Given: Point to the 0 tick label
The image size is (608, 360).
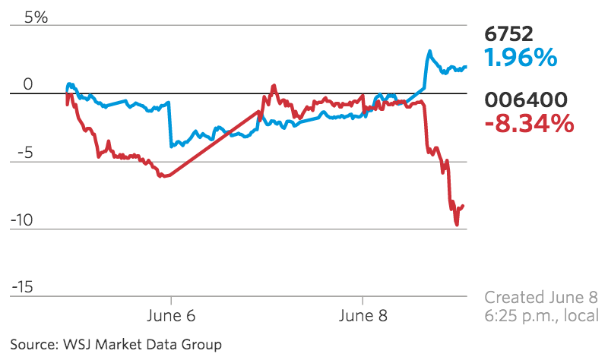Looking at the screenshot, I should coord(28,84).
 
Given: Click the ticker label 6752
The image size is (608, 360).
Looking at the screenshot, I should coord(508,33).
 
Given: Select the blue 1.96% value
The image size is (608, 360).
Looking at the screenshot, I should coord(521,58).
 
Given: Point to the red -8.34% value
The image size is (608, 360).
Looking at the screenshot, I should coord(528,124).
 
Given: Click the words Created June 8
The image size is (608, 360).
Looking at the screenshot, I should coord(541,297).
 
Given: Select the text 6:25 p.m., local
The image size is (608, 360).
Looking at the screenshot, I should coord(541,316).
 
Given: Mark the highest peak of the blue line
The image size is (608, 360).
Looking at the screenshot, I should coord(429,52).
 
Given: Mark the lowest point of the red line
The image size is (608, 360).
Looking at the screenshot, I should coord(457,224).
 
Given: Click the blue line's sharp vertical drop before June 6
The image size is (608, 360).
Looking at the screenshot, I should coord(169,124).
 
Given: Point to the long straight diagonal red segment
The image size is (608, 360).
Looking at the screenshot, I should coord(213,144).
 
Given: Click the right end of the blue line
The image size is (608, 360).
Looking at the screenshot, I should coord(466,67).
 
